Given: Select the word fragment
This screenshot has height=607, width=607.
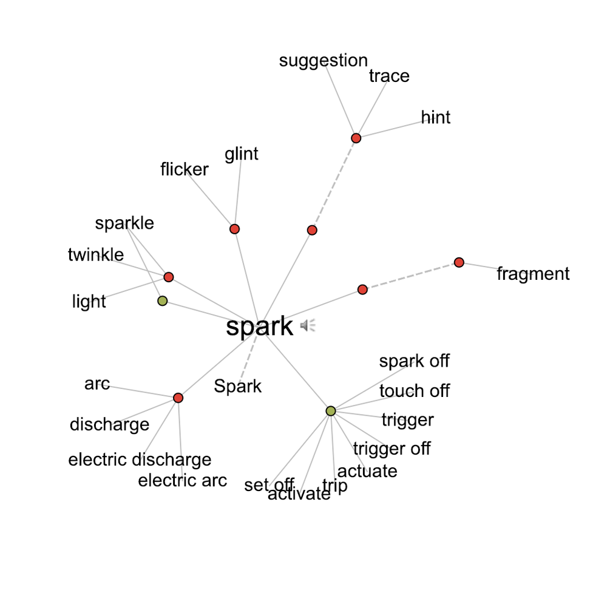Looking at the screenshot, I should [533, 274].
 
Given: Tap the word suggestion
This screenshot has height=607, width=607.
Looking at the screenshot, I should [324, 61].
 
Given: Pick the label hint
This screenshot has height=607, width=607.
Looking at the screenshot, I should [436, 117].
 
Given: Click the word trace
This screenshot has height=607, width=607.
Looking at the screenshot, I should [389, 76].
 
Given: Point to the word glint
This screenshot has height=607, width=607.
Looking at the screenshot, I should [242, 154].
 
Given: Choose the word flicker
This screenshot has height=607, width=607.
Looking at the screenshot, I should [185, 169].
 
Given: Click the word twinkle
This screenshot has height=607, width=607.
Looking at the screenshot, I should [96, 255].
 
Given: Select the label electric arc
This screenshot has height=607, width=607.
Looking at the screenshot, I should [182, 481].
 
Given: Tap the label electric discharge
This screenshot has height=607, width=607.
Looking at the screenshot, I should [140, 459].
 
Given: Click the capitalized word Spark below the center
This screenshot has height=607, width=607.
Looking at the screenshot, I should [238, 386].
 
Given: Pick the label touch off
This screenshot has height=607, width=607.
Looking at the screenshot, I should [415, 391].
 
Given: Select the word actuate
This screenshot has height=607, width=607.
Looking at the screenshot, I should [367, 471].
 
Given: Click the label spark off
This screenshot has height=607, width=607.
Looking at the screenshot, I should [414, 361].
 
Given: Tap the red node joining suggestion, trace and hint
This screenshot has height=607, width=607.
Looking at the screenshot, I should [356, 138].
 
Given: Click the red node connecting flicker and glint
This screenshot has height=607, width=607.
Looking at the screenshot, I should [235, 229].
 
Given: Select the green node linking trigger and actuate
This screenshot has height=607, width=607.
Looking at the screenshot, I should [331, 411].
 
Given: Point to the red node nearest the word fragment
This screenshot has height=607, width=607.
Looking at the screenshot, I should [459, 262].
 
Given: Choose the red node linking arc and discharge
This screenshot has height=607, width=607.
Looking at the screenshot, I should [178, 398].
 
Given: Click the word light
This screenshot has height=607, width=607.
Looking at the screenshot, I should [89, 302].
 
